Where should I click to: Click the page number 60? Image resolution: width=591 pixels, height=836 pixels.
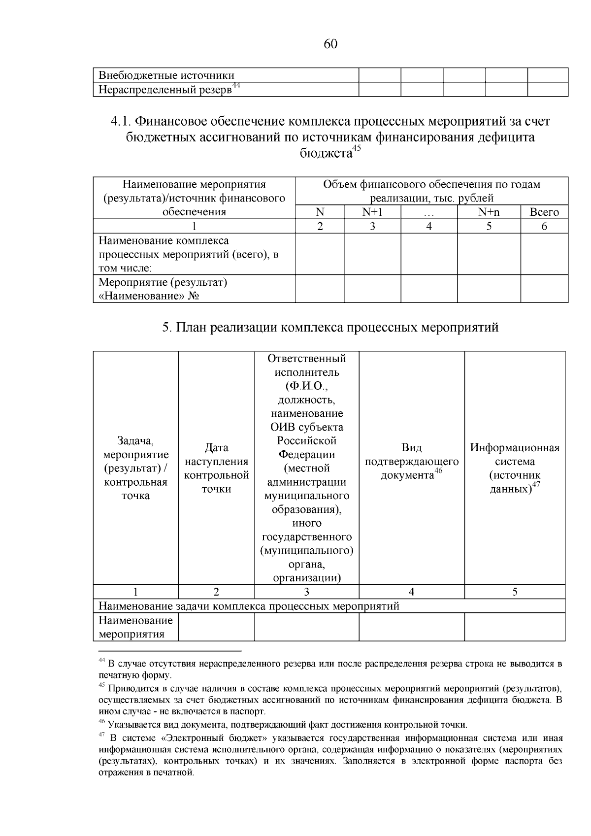tap(330, 44)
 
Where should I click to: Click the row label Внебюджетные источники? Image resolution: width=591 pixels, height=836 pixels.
tap(166, 75)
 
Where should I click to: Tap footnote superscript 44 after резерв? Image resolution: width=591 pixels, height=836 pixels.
tap(236, 86)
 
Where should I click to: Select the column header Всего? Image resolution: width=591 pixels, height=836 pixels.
tap(544, 212)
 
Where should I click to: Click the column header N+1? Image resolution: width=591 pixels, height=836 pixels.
tap(372, 212)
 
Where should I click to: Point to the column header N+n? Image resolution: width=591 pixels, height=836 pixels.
tap(489, 212)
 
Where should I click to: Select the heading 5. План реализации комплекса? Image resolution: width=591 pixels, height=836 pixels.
tap(330, 328)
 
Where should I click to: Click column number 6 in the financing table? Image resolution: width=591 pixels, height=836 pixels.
tap(544, 226)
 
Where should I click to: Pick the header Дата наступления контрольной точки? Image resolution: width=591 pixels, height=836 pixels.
tap(216, 468)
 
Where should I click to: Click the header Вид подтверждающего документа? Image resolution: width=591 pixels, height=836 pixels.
tap(411, 462)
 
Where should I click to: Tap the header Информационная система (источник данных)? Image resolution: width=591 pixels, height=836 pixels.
tap(515, 468)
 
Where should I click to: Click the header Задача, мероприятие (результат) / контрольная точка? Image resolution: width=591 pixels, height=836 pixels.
tap(135, 468)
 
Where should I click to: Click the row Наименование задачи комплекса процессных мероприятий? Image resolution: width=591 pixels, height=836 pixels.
tap(249, 606)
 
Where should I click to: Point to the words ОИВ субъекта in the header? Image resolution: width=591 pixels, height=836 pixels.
tap(306, 427)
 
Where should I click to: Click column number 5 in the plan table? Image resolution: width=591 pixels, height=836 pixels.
tap(515, 592)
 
